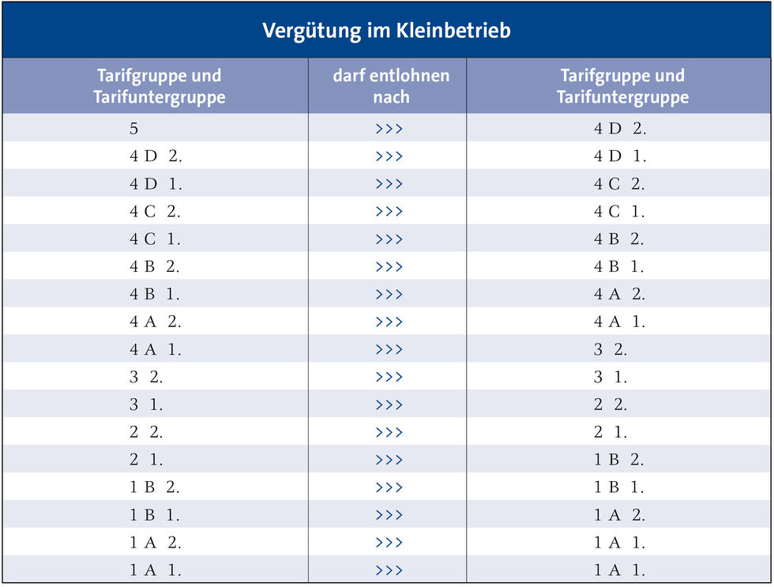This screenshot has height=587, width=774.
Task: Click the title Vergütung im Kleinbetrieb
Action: click(x=386, y=31)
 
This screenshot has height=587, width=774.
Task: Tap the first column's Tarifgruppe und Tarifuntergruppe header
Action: click(x=159, y=86)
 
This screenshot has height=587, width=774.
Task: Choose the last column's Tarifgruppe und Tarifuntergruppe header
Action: click(x=622, y=86)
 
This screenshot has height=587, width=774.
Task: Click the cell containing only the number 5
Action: click(x=134, y=128)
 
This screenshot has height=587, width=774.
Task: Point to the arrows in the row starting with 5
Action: click(x=389, y=129)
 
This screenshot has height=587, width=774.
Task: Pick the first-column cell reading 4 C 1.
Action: click(x=155, y=239)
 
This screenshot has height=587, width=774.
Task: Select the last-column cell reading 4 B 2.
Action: click(x=619, y=239)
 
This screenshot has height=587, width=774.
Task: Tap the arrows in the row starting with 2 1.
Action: click(x=389, y=460)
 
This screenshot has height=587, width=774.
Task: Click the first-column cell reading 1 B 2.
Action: click(x=155, y=487)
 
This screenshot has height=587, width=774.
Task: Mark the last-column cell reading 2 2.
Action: click(x=611, y=405)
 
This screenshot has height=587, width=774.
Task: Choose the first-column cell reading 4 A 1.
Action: click(x=156, y=349)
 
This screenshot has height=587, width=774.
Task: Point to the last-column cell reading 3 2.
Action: click(x=611, y=349)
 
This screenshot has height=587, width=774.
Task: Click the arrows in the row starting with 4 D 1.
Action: click(x=389, y=184)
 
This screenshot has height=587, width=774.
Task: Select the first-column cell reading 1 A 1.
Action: click(x=156, y=570)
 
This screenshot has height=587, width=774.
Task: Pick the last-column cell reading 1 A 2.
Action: click(x=620, y=515)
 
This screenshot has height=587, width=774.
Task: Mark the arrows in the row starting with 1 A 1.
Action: click(x=389, y=570)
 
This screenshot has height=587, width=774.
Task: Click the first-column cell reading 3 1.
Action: click(x=146, y=405)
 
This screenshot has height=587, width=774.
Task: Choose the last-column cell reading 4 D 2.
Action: click(x=620, y=129)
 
